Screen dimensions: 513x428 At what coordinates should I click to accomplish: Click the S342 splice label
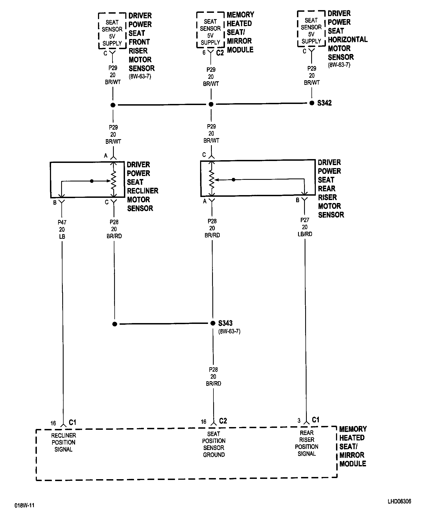point(324,103)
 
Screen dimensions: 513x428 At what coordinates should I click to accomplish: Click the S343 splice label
point(225,323)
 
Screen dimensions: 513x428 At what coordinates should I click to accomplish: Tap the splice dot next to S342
point(312,103)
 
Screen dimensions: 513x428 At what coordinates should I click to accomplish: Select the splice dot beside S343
point(213,323)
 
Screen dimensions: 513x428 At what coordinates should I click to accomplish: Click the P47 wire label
point(62,222)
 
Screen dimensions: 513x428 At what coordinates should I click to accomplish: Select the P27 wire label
point(305,220)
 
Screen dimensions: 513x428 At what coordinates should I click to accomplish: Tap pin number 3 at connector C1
point(299,420)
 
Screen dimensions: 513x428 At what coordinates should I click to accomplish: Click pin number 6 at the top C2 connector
point(204,53)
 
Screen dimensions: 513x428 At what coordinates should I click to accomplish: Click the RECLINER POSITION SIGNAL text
point(64,442)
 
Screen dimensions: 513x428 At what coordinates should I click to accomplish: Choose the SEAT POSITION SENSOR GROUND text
point(214,444)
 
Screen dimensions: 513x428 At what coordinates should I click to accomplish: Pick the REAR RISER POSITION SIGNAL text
point(307,443)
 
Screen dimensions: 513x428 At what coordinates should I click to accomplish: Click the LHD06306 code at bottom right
point(399,502)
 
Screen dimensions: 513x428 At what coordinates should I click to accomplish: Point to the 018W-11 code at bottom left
point(25,505)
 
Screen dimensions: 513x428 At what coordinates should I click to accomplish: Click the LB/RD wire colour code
point(305,234)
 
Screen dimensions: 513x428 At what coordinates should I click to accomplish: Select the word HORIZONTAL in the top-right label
point(347,40)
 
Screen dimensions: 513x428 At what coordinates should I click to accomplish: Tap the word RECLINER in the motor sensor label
point(142,191)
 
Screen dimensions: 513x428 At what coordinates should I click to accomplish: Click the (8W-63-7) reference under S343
point(229,332)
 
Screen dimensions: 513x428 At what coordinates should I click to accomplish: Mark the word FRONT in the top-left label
point(139,42)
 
